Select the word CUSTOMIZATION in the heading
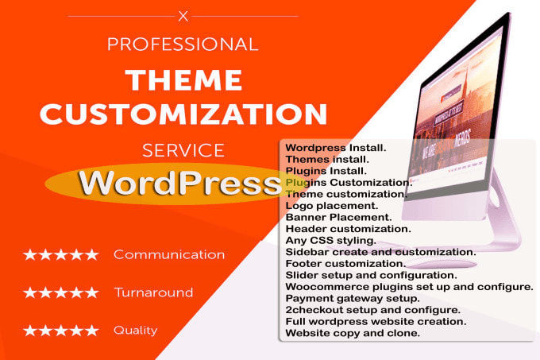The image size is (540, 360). click(184, 114)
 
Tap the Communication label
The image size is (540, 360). click(169, 254)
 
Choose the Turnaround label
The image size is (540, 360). click(153, 292)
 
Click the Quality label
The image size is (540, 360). click(135, 330)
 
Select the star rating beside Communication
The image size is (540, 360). click(61, 254)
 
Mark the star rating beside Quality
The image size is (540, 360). click(61, 330)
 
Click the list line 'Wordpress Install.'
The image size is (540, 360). click(335, 148)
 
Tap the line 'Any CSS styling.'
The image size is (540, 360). click(330, 240)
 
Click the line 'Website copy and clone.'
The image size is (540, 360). click(353, 333)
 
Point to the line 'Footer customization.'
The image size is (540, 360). click(345, 263)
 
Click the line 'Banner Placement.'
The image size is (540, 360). click(337, 217)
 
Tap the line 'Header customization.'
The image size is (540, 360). click(347, 229)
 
